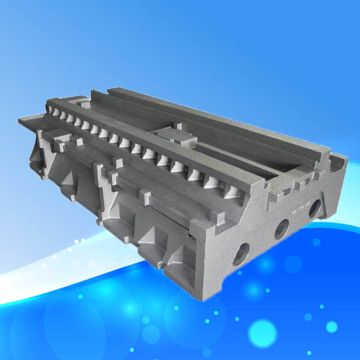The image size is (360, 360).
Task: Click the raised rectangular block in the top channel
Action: click(178, 133)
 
